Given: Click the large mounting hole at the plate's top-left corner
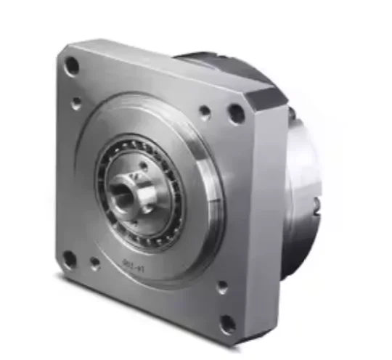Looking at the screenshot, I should [x=72, y=66].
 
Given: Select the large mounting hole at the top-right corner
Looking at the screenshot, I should [x=236, y=112].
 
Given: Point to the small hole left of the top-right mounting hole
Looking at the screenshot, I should [x=205, y=112].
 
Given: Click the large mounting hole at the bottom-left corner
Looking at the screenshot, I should [x=69, y=258].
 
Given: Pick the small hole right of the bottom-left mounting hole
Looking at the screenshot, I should [x=95, y=264].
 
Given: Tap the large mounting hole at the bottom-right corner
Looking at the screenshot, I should [x=228, y=323].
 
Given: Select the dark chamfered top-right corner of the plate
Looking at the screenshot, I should [x=267, y=96].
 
